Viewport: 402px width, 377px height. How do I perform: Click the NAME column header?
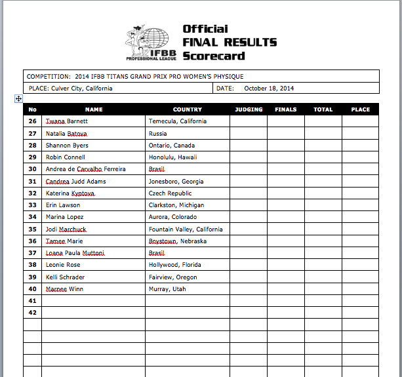[94, 109]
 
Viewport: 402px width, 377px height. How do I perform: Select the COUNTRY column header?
[187, 109]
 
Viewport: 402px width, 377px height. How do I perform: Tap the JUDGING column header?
[249, 109]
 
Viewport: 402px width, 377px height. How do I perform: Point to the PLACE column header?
[360, 109]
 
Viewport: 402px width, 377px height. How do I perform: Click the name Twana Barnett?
[66, 121]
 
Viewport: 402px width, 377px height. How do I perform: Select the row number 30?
[33, 169]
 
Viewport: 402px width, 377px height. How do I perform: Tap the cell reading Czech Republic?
[171, 193]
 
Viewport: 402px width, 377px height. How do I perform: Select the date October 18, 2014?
[268, 88]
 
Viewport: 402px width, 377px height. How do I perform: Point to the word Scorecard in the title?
[214, 56]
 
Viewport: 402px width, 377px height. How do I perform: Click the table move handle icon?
[19, 98]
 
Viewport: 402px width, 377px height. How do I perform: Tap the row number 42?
[33, 313]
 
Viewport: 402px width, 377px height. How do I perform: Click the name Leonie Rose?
[63, 266]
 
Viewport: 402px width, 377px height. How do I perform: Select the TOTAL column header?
[323, 109]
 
